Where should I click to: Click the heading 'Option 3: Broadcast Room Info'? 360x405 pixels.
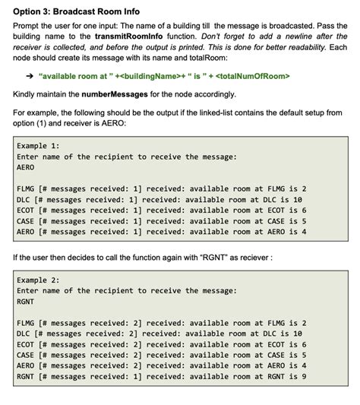click(76, 12)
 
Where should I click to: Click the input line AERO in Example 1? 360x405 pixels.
click(27, 168)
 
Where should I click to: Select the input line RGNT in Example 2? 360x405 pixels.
click(27, 302)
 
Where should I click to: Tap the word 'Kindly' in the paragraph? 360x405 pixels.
click(27, 94)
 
